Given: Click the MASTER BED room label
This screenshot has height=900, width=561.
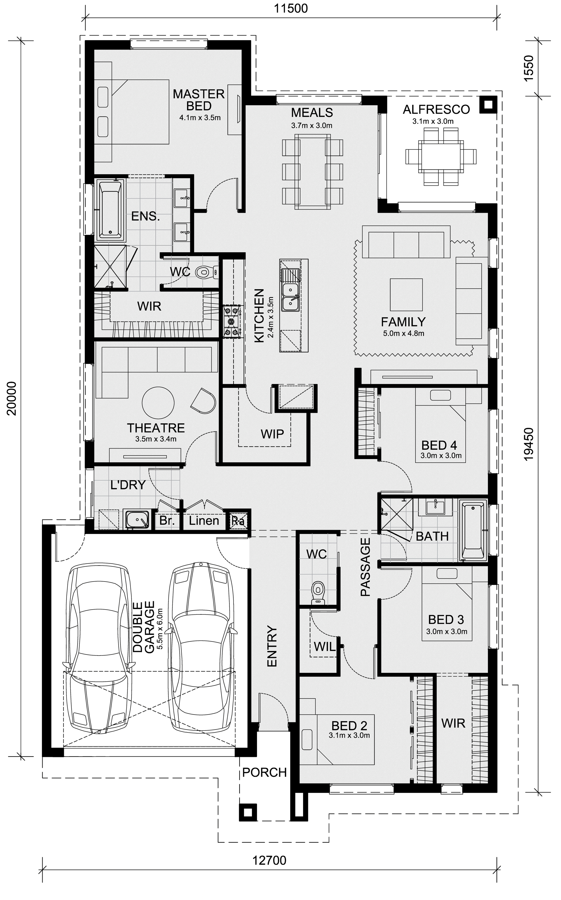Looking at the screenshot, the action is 199,100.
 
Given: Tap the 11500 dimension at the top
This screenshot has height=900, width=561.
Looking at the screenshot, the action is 291,8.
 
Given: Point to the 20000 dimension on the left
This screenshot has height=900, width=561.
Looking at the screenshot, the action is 12,398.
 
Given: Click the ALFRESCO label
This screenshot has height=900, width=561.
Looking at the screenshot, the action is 436,109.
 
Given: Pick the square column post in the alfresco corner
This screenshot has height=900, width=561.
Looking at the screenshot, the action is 488,105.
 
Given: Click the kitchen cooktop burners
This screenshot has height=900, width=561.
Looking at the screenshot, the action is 232,321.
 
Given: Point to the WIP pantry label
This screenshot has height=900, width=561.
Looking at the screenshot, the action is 272,434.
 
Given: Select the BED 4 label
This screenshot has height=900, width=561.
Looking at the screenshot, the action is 439,445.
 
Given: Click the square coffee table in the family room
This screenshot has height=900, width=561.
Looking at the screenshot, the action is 406,295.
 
